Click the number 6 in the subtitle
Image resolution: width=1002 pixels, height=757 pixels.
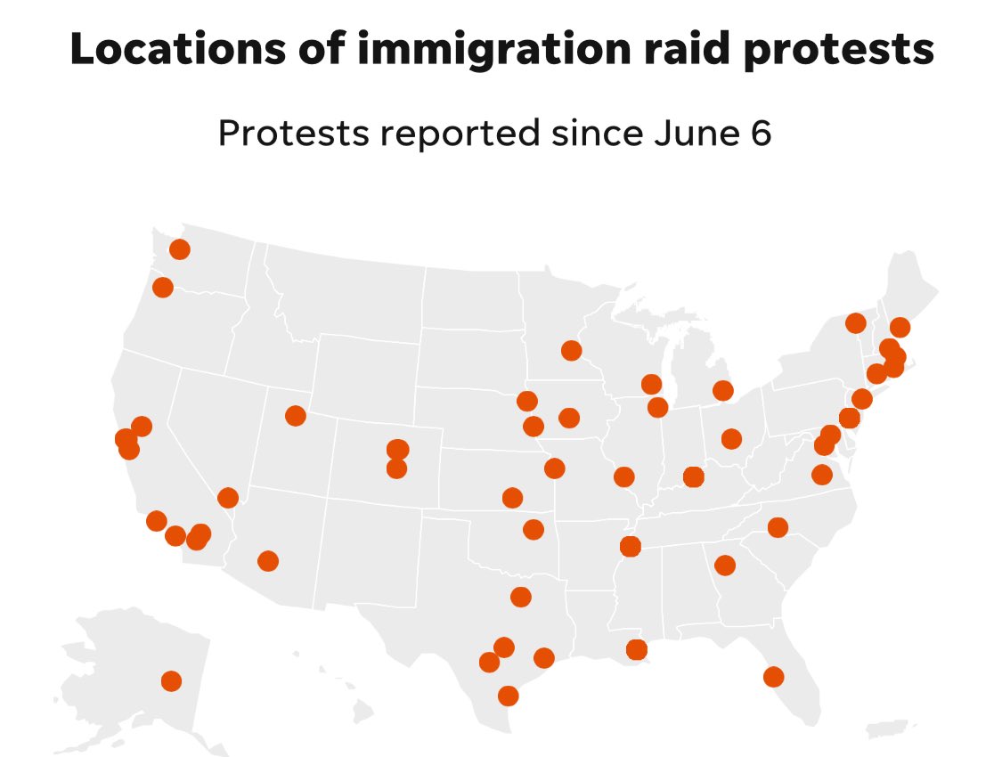[x=761, y=134]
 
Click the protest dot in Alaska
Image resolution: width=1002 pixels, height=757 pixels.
[x=171, y=681]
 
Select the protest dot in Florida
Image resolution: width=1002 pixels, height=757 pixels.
[x=773, y=677]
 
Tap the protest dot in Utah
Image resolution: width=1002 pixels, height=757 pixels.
[x=296, y=416]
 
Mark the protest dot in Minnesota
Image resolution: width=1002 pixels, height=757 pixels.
[x=571, y=351]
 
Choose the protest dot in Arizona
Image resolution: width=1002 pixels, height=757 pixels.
[x=267, y=561]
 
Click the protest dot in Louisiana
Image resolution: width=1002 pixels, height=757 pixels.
[x=636, y=650]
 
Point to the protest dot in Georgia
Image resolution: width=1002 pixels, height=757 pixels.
[x=725, y=565]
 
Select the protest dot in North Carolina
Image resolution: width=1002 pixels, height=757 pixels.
[x=778, y=527]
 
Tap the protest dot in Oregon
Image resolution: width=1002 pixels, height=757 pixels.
[x=163, y=287]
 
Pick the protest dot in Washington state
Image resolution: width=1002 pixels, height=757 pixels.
[x=179, y=249]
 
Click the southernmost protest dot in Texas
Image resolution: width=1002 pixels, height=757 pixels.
[x=508, y=696]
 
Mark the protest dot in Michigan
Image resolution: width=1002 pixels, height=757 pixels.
[x=722, y=390]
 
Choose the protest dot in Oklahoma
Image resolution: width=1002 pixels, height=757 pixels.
[x=533, y=530]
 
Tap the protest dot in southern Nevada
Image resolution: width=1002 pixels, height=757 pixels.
[x=228, y=498]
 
